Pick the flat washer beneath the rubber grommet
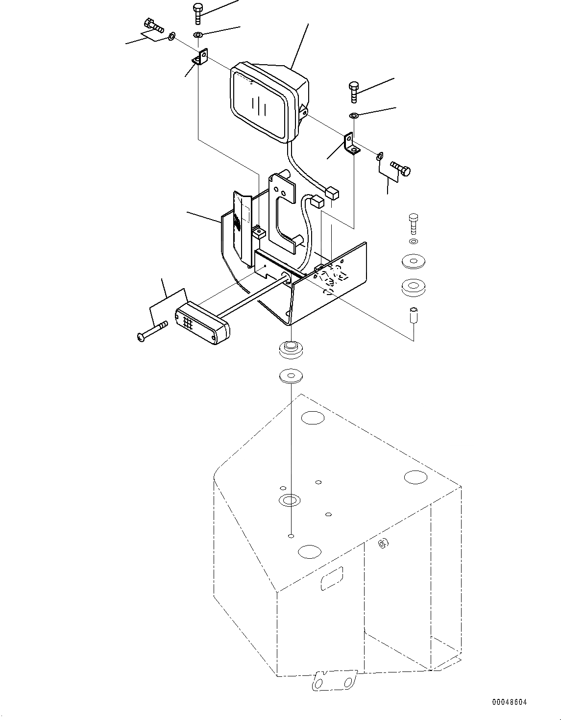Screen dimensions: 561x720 (x=291, y=376)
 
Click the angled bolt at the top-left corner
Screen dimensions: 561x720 (x=154, y=26)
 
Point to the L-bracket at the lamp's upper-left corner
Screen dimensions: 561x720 (x=200, y=57)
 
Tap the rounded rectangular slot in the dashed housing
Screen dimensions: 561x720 (x=332, y=578)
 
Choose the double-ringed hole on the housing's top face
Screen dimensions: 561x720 (x=290, y=500)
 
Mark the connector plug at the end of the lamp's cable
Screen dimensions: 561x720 (x=332, y=193)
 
